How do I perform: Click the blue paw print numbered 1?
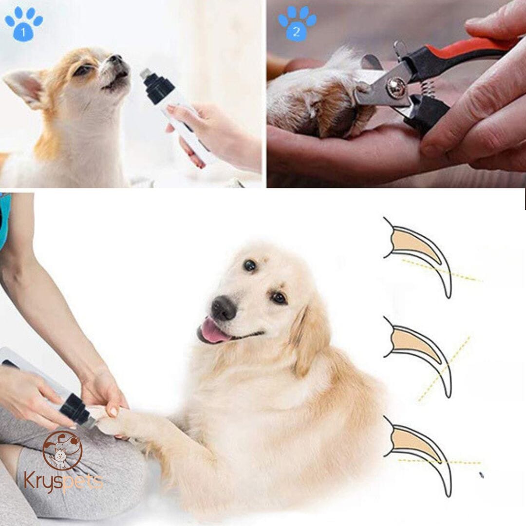tap(24, 24)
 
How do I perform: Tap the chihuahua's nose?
tap(116, 59)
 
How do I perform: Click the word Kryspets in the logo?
tap(63, 482)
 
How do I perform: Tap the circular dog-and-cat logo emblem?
tap(63, 450)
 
